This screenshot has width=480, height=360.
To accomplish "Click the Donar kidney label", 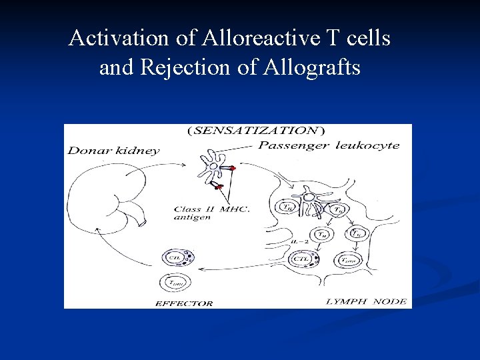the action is (x=114, y=151).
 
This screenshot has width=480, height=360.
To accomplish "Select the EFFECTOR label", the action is (x=184, y=303).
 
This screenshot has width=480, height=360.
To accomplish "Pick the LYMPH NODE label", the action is (x=366, y=301).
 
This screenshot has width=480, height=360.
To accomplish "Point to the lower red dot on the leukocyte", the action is (x=218, y=187).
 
